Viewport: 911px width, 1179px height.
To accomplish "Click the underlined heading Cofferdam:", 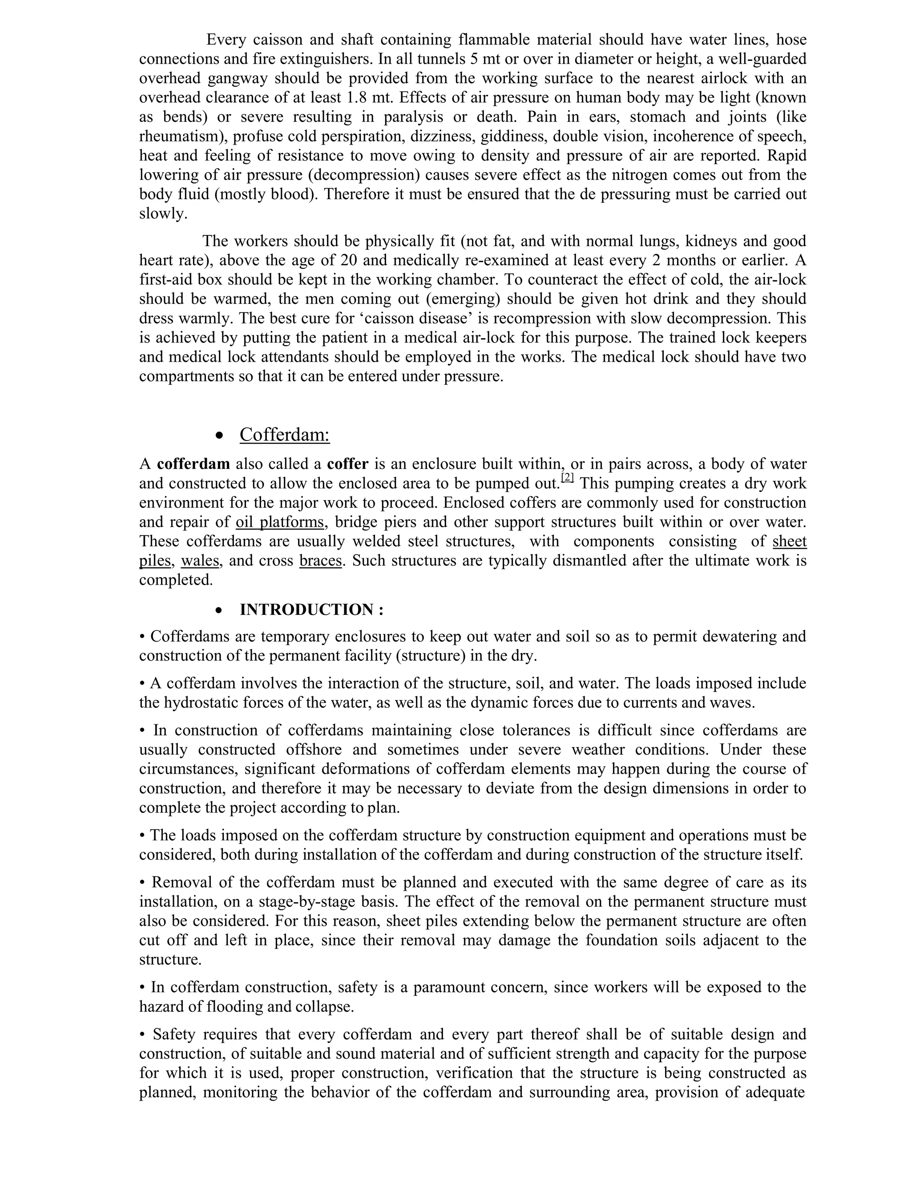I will pos(284,435).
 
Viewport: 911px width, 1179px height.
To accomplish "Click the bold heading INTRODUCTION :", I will pos(311,610).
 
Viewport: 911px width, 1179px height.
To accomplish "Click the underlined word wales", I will pos(200,561).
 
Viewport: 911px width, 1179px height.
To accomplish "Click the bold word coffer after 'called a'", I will pos(347,464).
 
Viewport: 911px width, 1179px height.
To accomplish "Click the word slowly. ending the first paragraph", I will pos(163,214).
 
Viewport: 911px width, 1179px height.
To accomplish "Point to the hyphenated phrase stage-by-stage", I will pos(308,901).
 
